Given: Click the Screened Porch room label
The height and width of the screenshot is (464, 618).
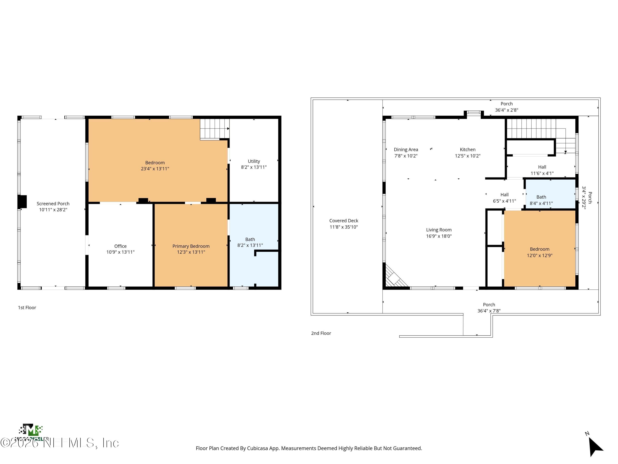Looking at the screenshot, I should (x=53, y=204).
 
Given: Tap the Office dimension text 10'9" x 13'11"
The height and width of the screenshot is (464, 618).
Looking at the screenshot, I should (x=121, y=252).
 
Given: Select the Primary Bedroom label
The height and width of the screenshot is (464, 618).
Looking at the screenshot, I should (x=191, y=246).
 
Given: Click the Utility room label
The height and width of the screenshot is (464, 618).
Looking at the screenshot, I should (x=254, y=161).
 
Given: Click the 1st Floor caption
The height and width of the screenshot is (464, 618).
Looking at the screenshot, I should (x=27, y=308).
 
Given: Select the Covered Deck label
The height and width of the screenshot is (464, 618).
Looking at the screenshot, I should (x=344, y=221).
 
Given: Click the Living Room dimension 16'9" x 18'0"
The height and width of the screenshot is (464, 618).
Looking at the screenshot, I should (x=439, y=236).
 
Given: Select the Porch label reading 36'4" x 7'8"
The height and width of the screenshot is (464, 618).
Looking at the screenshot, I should (x=489, y=308).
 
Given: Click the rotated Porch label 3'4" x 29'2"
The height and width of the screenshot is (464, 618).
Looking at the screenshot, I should (x=587, y=198).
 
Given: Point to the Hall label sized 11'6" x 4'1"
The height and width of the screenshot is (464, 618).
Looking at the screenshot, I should (x=542, y=167).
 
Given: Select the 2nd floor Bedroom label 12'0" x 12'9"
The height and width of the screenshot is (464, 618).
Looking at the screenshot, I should (x=540, y=249).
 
